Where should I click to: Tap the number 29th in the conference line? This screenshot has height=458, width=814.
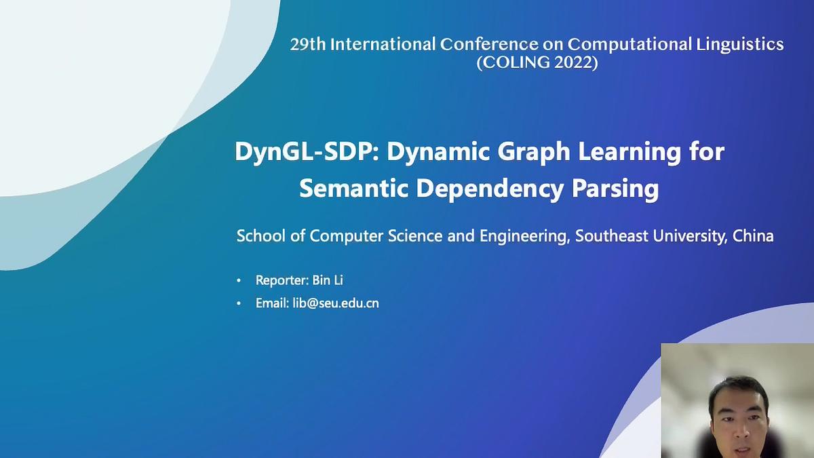(307, 45)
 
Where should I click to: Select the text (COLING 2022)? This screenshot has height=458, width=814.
(537, 63)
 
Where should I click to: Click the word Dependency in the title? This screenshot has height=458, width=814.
(489, 189)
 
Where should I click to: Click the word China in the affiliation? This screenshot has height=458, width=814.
(753, 236)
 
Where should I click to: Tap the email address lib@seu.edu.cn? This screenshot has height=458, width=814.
(336, 303)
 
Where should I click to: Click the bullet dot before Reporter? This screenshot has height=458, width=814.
(239, 281)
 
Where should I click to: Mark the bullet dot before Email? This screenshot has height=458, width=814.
(239, 304)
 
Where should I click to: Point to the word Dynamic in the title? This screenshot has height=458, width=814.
(439, 152)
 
